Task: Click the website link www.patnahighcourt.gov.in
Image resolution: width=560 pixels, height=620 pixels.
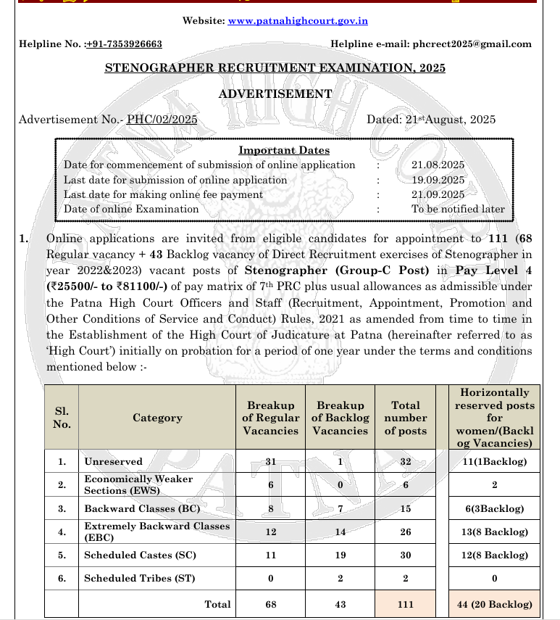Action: click(298, 21)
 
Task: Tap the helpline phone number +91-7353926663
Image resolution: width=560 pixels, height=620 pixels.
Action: click(124, 44)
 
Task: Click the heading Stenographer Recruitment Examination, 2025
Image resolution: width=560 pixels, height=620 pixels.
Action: click(275, 68)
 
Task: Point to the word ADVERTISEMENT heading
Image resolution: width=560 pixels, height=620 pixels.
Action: click(275, 94)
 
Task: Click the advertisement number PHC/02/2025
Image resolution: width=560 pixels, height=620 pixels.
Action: click(162, 120)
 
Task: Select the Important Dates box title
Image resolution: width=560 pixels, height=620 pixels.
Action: click(284, 151)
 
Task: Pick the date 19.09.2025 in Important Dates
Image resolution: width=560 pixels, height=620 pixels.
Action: click(438, 180)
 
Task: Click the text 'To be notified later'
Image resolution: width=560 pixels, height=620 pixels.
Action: click(458, 209)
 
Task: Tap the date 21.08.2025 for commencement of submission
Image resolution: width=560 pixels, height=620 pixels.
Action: click(438, 165)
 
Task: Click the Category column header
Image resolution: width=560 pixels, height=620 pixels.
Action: click(157, 418)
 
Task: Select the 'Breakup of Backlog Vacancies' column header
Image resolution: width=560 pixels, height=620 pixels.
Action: click(340, 418)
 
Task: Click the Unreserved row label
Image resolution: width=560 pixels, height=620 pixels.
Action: click(113, 461)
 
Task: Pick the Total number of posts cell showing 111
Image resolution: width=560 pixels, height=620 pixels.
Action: click(406, 604)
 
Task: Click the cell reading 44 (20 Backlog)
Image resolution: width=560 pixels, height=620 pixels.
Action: click(495, 604)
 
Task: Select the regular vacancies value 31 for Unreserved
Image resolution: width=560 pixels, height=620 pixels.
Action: click(271, 461)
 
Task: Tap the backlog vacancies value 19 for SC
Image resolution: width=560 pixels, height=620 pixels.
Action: click(340, 555)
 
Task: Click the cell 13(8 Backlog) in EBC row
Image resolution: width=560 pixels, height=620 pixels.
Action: click(495, 532)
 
